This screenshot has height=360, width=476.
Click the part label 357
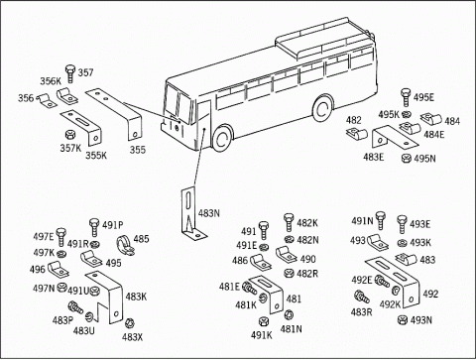click(85, 72)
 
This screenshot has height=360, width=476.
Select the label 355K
click(96, 155)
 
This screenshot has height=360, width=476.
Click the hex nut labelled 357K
click(70, 135)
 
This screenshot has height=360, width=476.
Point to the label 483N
click(209, 213)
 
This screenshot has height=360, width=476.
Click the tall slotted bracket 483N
click(190, 213)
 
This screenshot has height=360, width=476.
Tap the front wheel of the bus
click(222, 138)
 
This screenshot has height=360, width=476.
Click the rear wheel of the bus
click(322, 109)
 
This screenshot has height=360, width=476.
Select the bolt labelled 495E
click(406, 97)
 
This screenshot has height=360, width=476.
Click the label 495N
click(424, 159)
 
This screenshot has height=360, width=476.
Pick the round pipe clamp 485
click(125, 246)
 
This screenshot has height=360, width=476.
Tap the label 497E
click(44, 237)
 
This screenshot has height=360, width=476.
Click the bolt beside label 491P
click(94, 227)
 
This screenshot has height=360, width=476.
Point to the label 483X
click(132, 337)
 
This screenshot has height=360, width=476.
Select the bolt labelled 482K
click(289, 222)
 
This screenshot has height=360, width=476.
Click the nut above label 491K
click(264, 321)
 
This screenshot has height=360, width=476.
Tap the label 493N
click(421, 320)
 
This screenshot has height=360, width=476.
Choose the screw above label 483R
click(362, 297)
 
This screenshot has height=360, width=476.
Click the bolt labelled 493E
click(403, 224)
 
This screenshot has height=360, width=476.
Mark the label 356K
click(51, 81)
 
